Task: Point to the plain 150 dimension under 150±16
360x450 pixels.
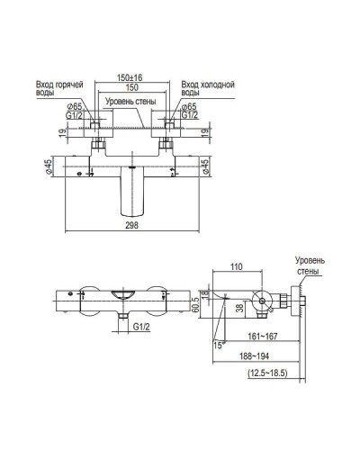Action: tap(135, 89)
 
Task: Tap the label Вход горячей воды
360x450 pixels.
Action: tap(58, 87)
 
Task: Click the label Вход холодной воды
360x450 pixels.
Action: tap(207, 87)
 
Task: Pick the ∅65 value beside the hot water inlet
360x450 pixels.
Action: tap(76, 107)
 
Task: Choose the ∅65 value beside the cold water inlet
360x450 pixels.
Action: tap(192, 107)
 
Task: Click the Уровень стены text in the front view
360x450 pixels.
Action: tap(133, 102)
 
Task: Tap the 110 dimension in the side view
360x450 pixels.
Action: tap(236, 268)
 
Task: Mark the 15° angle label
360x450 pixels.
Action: tap(218, 343)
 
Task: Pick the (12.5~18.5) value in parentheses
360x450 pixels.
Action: tap(261, 373)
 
